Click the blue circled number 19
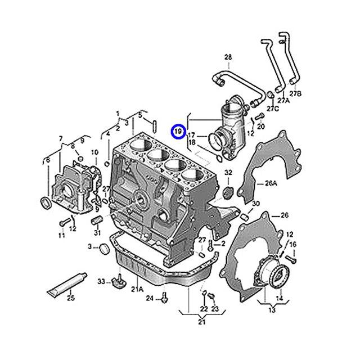pyautogui.click(x=177, y=132)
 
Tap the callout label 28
pyautogui.click(x=228, y=57)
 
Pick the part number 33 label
pyautogui.click(x=101, y=281)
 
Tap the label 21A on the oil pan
pyautogui.click(x=137, y=289)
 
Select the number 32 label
pyautogui.click(x=228, y=172)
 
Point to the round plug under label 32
pyautogui.click(x=228, y=193)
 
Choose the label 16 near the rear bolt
pyautogui.click(x=293, y=245)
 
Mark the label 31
pyautogui.click(x=97, y=233)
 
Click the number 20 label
pyautogui.click(x=260, y=127)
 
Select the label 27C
pyautogui.click(x=272, y=108)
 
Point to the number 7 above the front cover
pyautogui.click(x=61, y=138)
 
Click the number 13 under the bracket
pyautogui.click(x=272, y=310)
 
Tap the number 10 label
pyautogui.click(x=94, y=152)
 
